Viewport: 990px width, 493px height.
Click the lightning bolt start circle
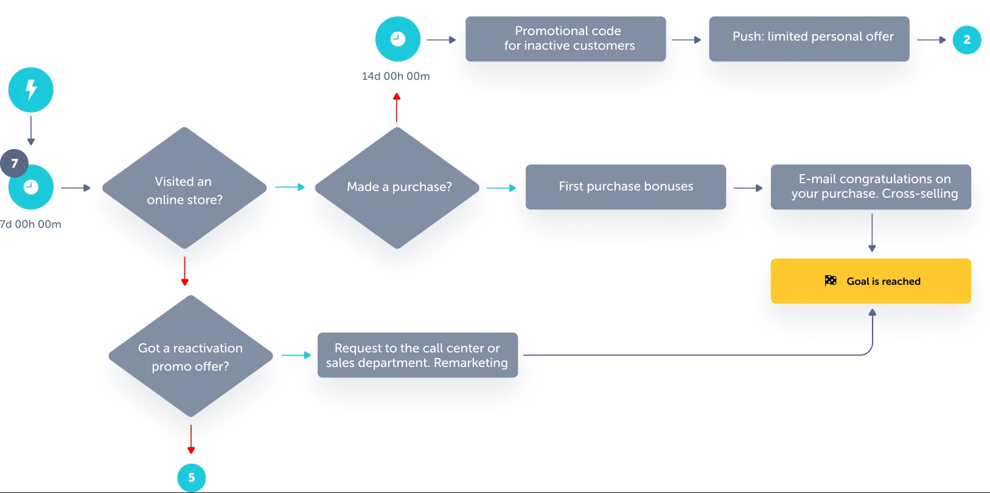coord(30,89)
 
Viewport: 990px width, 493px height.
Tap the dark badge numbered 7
coord(14,163)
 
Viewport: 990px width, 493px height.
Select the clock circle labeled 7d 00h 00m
coord(30,187)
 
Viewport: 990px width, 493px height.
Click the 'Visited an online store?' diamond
coord(184,188)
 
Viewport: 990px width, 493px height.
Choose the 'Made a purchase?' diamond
coord(397,188)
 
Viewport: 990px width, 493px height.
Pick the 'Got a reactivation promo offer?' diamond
coord(190,356)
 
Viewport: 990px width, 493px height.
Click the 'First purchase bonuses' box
coord(626,187)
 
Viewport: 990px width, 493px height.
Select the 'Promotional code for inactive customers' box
coord(566,39)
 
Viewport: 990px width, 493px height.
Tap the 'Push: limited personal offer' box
coord(809,39)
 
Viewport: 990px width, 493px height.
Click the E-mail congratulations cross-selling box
coord(871,187)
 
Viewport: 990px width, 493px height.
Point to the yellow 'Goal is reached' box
coord(871,281)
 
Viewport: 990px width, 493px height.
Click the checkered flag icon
coord(831,281)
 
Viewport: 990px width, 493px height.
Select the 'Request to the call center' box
coord(417,355)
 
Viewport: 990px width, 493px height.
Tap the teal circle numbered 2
coord(967,40)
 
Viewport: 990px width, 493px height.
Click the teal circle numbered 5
coord(192,478)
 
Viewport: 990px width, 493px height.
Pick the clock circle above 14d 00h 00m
coord(398,39)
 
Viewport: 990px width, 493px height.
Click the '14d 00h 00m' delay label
coord(396,76)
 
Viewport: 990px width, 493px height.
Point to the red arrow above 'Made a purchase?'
coord(397,108)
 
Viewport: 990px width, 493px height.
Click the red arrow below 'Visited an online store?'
coord(185,271)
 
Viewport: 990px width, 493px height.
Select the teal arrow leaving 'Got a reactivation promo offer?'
coord(296,355)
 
